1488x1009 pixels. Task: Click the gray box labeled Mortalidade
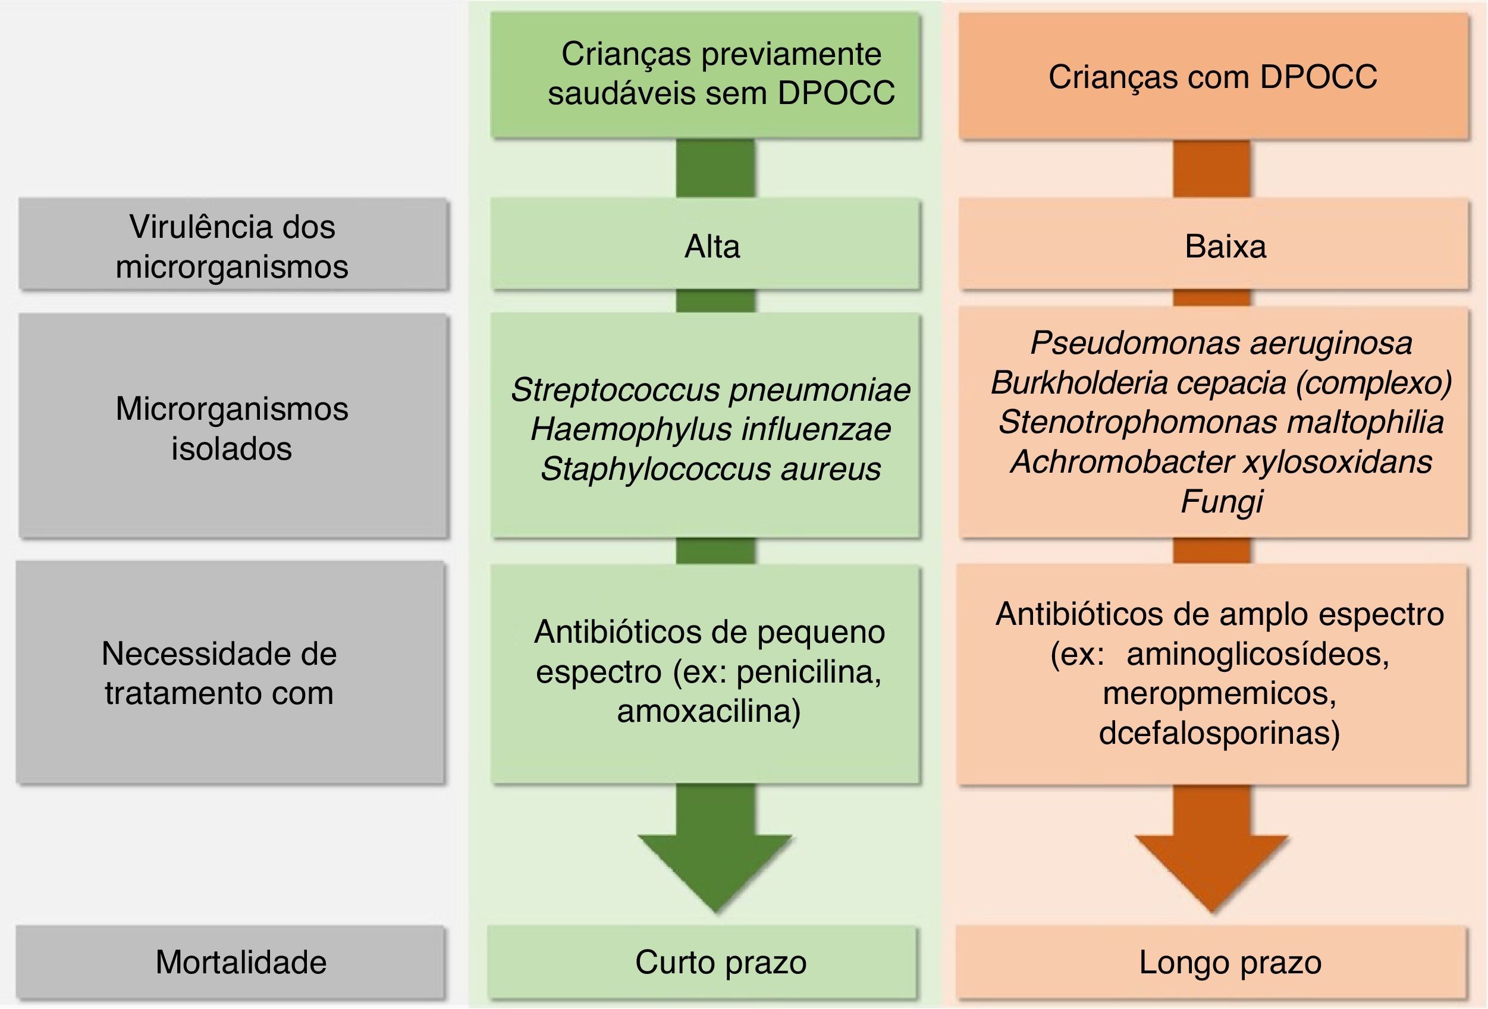coord(231,961)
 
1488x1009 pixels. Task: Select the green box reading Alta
coord(705,246)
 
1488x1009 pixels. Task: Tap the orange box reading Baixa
coord(1213,246)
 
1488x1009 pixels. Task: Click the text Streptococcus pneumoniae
coord(710,390)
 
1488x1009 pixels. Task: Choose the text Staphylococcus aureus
coord(710,469)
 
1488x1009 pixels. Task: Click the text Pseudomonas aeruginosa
coord(1220,343)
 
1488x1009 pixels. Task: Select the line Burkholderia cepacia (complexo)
coord(1220,383)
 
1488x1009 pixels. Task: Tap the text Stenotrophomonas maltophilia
coord(1220,423)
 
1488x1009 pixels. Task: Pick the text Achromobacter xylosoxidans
coord(1220,461)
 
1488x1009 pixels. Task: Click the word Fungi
coord(1220,501)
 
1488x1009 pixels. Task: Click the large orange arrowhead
coord(1211,870)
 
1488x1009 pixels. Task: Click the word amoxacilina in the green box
coord(708,711)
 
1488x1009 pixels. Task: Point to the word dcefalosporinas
coord(1219,733)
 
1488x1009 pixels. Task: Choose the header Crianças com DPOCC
coord(1213,77)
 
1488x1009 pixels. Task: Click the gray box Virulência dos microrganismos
coord(233,246)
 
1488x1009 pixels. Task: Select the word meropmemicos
coord(1219,693)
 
